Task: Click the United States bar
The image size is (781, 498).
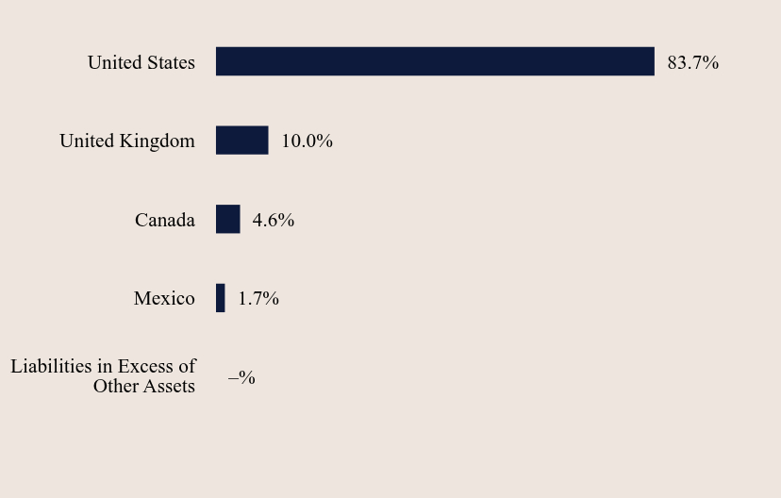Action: coord(435,61)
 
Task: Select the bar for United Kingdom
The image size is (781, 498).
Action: coord(242,140)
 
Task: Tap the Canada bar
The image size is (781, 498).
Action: coord(227,219)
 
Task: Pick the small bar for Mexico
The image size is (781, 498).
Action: coord(220,298)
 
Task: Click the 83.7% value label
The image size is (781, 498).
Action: coord(693,62)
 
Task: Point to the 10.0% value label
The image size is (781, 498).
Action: coord(307,141)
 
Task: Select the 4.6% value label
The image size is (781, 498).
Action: coord(274,220)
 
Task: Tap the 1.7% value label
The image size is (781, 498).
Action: coord(258,298)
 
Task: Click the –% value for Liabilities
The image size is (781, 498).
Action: coord(241,377)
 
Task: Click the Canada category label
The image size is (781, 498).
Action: coord(165,220)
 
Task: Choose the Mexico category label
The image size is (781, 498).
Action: coord(164,298)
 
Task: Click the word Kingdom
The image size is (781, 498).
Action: coord(158,141)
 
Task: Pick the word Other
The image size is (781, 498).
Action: coord(116,386)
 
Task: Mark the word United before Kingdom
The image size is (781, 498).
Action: coord(87,141)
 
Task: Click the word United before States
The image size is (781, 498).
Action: coord(114,62)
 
